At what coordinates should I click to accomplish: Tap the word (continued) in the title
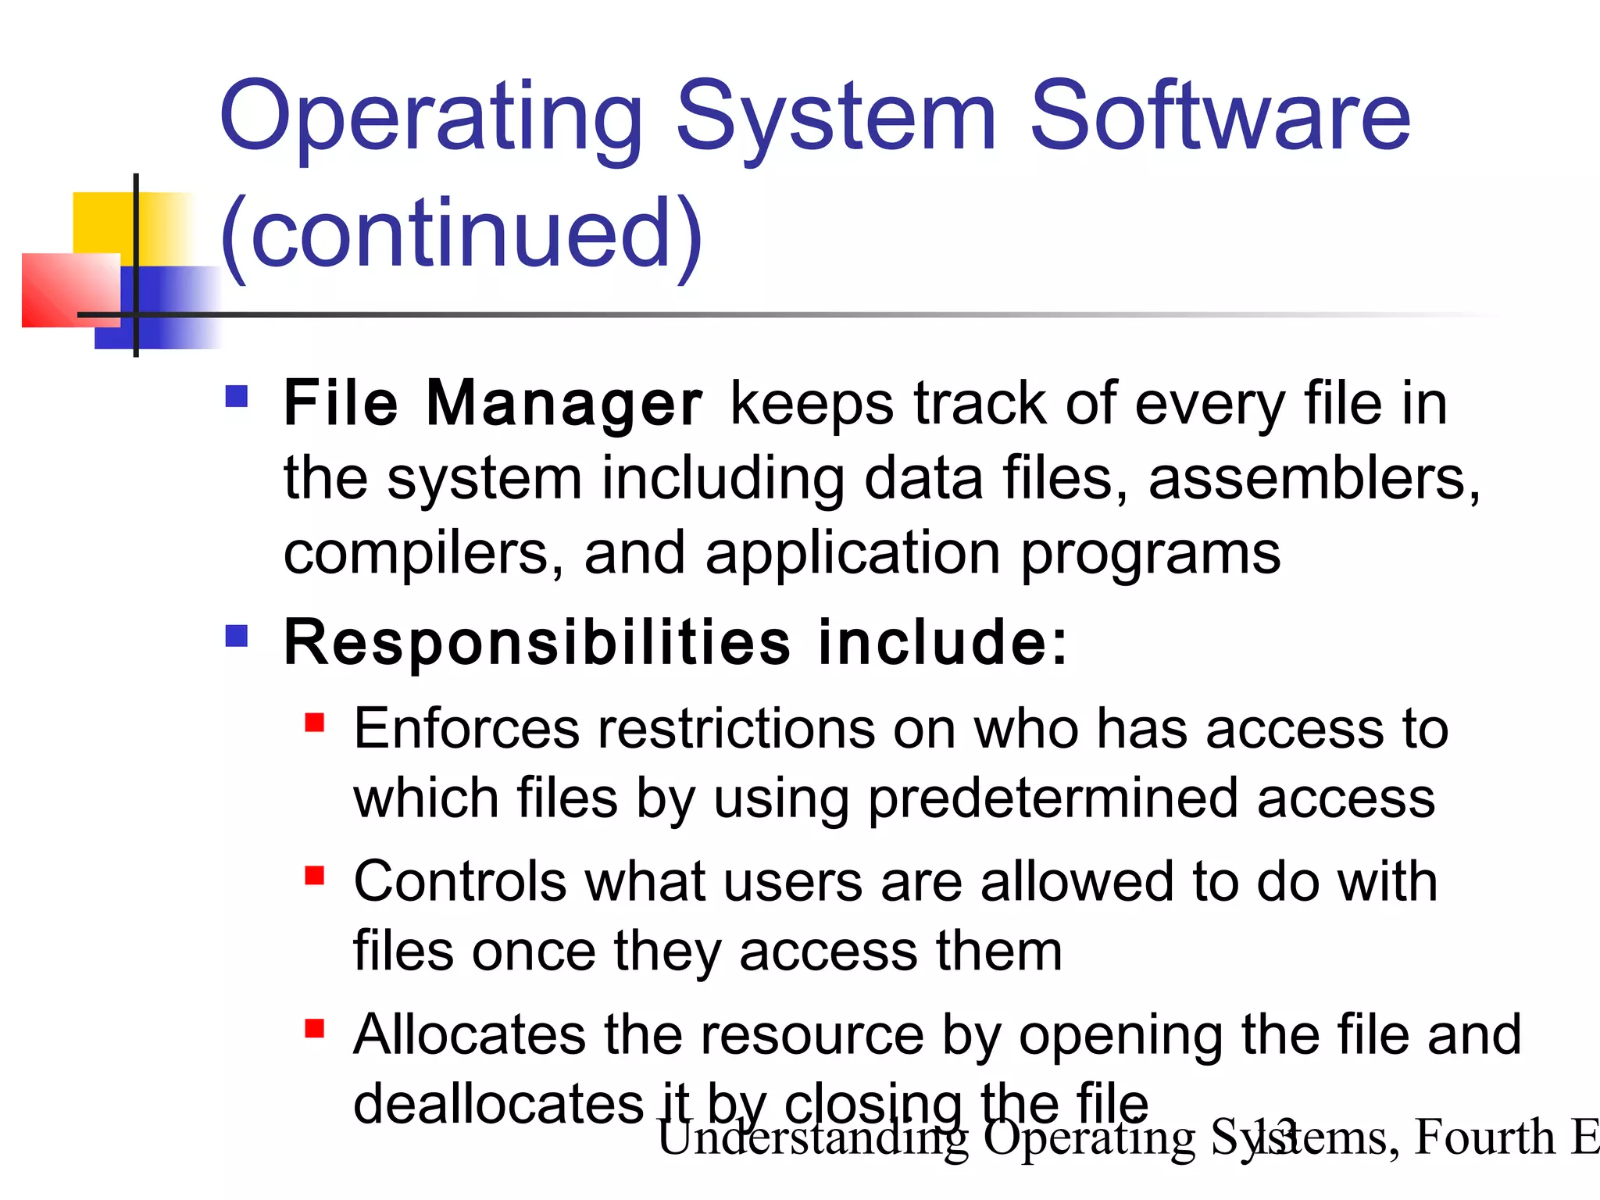(461, 234)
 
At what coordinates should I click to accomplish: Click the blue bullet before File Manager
(236, 397)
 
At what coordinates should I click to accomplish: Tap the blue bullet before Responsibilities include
(236, 636)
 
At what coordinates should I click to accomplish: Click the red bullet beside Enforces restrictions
(314, 722)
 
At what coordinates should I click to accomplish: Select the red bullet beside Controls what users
(314, 875)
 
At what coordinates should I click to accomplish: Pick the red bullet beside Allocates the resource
(314, 1028)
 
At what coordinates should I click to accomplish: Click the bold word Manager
(564, 405)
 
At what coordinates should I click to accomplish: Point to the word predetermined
(1053, 800)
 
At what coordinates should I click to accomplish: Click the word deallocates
(498, 1105)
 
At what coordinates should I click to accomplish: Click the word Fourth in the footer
(1484, 1137)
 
